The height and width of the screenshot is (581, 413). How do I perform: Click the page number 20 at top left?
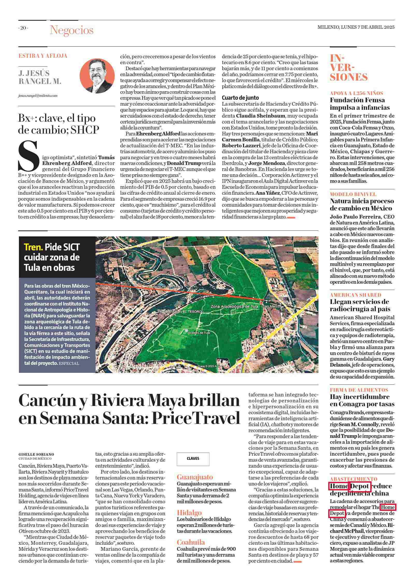23,28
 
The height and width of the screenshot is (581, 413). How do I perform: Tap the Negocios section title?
72,30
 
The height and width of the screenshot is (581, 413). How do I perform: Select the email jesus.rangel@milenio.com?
38,96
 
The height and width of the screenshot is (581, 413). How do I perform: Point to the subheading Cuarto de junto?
240,98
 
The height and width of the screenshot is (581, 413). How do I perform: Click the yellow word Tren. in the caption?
33,247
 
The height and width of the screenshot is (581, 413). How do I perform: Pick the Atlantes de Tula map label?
199,333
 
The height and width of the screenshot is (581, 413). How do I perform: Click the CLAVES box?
193,459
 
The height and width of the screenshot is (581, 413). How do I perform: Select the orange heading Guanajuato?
195,477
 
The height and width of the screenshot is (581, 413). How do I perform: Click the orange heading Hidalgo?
189,513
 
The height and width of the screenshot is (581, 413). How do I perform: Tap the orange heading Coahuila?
191,542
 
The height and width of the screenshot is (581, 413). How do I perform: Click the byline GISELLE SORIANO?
36,454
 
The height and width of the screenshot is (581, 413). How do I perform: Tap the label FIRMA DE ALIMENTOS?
359,390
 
